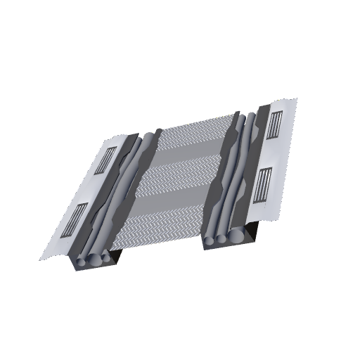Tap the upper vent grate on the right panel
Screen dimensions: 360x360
click(x=274, y=127)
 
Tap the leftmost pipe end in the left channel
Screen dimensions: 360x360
click(x=83, y=262)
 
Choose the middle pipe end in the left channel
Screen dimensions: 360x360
click(x=95, y=260)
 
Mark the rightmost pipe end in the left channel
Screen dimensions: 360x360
click(x=105, y=258)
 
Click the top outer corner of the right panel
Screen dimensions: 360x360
click(x=297, y=99)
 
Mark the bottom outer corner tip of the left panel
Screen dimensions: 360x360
click(x=40, y=259)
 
